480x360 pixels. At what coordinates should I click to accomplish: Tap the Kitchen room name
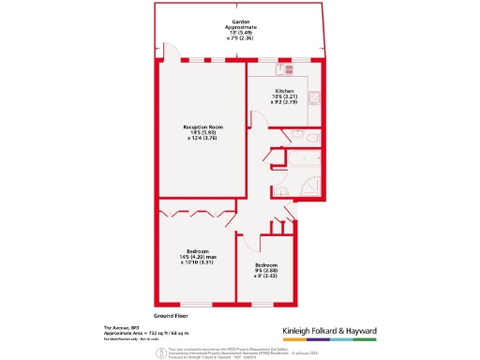(x=284, y=90)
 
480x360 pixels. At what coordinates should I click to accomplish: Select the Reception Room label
(x=202, y=127)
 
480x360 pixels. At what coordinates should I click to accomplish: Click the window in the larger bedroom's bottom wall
(x=196, y=305)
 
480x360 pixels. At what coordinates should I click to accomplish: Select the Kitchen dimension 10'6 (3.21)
(x=284, y=97)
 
